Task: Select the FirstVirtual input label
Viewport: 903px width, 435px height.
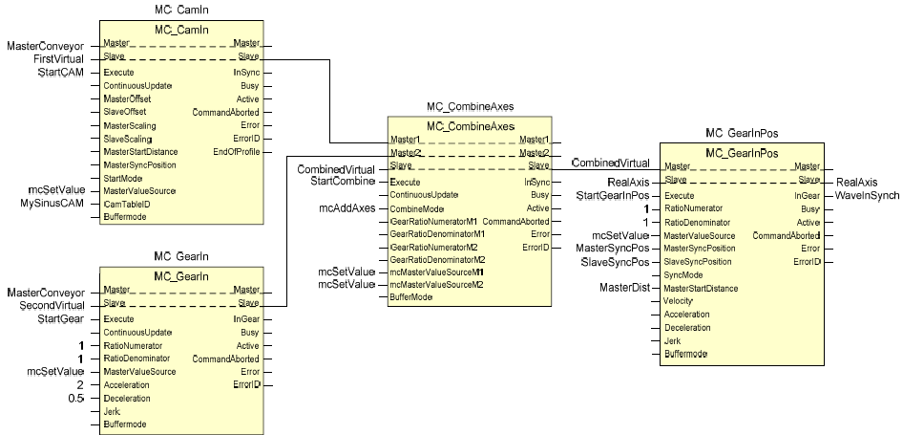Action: pos(60,59)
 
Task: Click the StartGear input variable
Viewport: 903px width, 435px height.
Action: pos(61,318)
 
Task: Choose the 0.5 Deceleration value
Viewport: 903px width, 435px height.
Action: pos(77,398)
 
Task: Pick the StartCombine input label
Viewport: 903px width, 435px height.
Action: pos(342,182)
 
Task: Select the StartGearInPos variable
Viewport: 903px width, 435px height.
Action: pos(614,196)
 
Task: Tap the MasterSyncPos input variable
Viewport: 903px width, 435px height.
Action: pos(618,249)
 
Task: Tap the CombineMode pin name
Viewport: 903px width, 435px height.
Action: pos(418,208)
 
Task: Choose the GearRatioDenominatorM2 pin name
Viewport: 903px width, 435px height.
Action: pos(438,259)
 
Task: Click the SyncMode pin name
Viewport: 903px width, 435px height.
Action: pos(684,275)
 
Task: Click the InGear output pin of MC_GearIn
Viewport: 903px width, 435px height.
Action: pos(245,319)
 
